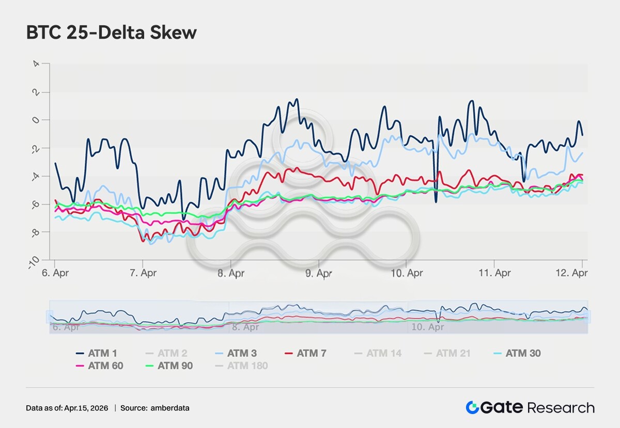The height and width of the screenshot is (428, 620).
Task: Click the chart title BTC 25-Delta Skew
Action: (x=111, y=33)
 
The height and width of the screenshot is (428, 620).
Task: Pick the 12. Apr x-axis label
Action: (x=575, y=273)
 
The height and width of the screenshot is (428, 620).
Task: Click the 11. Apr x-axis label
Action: (x=494, y=273)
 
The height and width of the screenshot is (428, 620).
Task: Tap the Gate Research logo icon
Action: (x=472, y=407)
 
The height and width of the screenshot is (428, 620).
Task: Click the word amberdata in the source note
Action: (x=170, y=408)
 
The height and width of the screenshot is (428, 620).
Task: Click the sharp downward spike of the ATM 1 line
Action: (x=436, y=200)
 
